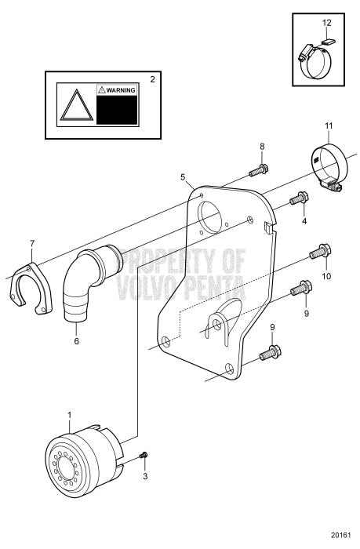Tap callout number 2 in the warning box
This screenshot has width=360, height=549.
click(152, 79)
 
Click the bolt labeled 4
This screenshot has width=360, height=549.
click(296, 199)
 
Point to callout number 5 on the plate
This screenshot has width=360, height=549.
click(183, 177)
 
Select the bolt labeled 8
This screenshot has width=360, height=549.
click(260, 168)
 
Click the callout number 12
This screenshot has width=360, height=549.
click(327, 24)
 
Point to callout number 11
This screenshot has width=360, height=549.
click(329, 125)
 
